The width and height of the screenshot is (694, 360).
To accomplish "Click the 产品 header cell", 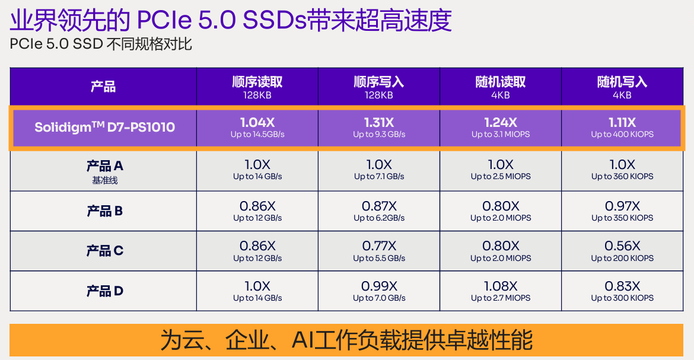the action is (x=103, y=87).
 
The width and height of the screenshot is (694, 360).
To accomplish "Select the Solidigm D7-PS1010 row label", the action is (x=105, y=128).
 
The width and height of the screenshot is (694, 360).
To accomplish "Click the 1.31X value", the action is (x=379, y=122).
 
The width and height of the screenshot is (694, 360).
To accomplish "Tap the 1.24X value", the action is (x=501, y=122).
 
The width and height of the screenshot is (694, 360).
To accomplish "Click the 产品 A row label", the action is (x=105, y=166).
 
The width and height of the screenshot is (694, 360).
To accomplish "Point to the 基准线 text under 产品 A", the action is (x=105, y=180).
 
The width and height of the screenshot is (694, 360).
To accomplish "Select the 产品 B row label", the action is (x=105, y=211).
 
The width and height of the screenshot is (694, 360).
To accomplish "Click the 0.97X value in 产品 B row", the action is (x=622, y=206).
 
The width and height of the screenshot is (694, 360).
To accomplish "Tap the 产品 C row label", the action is (x=105, y=251).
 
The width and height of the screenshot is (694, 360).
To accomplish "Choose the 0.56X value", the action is (x=622, y=246).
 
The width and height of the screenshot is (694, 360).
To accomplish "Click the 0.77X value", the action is (x=379, y=246).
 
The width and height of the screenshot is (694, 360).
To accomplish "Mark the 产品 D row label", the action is (x=105, y=291).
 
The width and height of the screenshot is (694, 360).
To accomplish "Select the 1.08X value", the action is (x=501, y=286).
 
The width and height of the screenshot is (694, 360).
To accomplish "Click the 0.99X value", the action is (x=379, y=286).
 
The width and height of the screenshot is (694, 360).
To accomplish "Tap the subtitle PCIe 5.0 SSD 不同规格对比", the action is (x=101, y=44).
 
